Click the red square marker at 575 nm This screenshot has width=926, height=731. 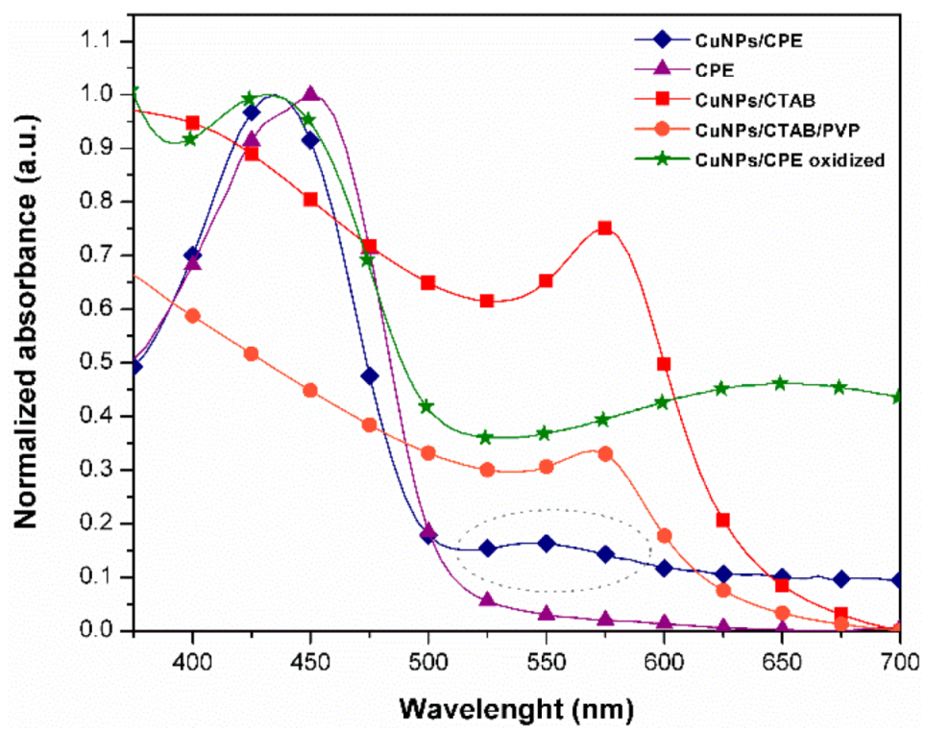[x=605, y=228]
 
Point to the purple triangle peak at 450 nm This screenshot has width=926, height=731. [x=310, y=94]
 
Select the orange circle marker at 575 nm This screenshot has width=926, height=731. [x=605, y=453]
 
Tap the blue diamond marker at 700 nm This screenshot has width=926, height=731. [x=899, y=580]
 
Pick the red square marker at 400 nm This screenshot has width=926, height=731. [x=193, y=123]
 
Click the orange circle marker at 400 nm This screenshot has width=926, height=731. [x=193, y=316]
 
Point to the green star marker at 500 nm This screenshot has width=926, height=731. [x=426, y=406]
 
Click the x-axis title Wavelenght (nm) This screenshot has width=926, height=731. [x=517, y=709]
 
